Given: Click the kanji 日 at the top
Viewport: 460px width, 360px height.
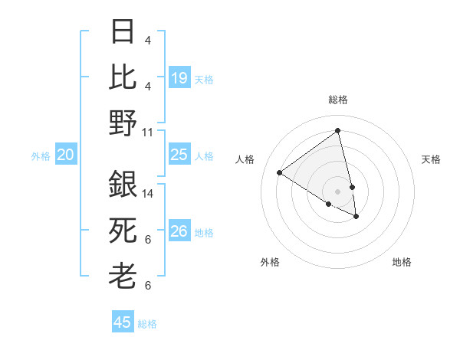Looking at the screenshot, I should click(123, 32).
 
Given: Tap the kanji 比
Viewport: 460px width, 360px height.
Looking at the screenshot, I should click(123, 76).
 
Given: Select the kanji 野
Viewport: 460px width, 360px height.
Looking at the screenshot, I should click(123, 122).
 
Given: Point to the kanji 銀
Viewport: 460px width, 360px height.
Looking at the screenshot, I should click(123, 185).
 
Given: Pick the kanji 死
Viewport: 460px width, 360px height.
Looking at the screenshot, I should click(123, 229).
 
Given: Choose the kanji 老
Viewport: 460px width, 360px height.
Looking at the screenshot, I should click(123, 275).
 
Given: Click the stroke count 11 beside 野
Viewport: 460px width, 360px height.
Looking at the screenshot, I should click(148, 132).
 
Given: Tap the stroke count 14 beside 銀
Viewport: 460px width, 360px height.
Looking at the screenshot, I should click(148, 195).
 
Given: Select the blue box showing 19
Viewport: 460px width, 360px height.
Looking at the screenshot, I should click(179, 78).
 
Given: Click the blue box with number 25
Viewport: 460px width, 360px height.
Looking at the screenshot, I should click(179, 155).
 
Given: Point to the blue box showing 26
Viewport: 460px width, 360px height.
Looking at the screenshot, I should click(179, 231).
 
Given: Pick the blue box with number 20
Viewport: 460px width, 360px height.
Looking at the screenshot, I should click(65, 155).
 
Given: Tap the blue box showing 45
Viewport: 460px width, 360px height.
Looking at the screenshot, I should click(123, 322).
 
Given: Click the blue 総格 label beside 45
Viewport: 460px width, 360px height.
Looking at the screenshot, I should click(147, 324).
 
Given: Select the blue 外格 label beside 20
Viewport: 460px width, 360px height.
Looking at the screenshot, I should click(41, 156).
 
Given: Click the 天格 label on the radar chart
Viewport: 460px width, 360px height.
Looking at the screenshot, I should click(431, 159).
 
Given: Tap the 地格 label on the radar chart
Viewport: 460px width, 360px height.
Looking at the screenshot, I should click(402, 262).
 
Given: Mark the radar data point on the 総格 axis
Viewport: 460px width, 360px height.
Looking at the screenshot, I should click(337, 130).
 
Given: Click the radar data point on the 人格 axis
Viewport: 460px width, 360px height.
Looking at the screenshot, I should click(280, 172).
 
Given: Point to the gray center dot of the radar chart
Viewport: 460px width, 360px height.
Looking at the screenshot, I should click(337, 191).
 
